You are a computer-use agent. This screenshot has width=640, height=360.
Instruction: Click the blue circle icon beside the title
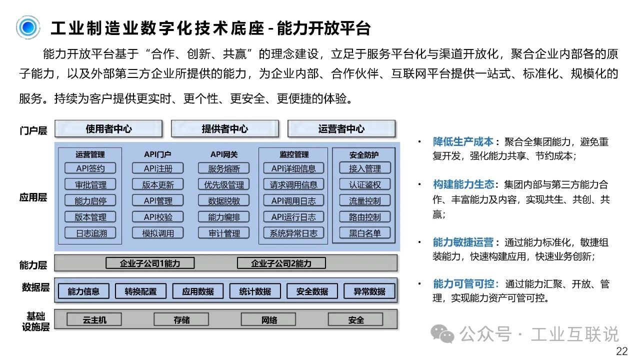coord(28,27)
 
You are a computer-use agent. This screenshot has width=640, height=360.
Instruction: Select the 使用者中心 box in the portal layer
coord(108,129)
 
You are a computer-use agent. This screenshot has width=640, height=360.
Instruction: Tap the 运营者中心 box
coord(341,129)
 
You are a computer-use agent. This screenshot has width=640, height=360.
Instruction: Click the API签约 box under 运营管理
coord(90,168)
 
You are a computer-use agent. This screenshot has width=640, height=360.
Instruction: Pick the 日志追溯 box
coord(90,233)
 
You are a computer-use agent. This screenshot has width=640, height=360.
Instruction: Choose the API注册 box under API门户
coord(157,168)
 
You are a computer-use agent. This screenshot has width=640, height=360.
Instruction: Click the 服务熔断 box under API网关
coord(223,168)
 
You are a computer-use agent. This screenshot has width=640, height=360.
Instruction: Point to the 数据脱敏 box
coord(223,200)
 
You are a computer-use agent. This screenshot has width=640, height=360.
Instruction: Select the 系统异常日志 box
coord(293,233)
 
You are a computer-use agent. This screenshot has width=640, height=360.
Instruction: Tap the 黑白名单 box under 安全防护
coord(365,233)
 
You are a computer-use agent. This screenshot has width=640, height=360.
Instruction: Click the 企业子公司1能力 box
coord(150,263)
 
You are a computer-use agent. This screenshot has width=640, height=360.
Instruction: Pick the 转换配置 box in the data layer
coord(140,291)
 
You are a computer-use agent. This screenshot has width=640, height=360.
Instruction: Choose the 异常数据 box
coord(369,291)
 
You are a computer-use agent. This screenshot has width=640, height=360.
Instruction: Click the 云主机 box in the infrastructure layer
coord(94,319)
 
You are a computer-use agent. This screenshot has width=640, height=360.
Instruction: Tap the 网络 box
coord(268,319)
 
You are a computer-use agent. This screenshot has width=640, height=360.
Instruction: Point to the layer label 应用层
coord(33,197)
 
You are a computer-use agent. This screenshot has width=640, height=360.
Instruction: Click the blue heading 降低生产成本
coord(463,141)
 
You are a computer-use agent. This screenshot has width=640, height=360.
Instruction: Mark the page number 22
coord(621,351)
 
